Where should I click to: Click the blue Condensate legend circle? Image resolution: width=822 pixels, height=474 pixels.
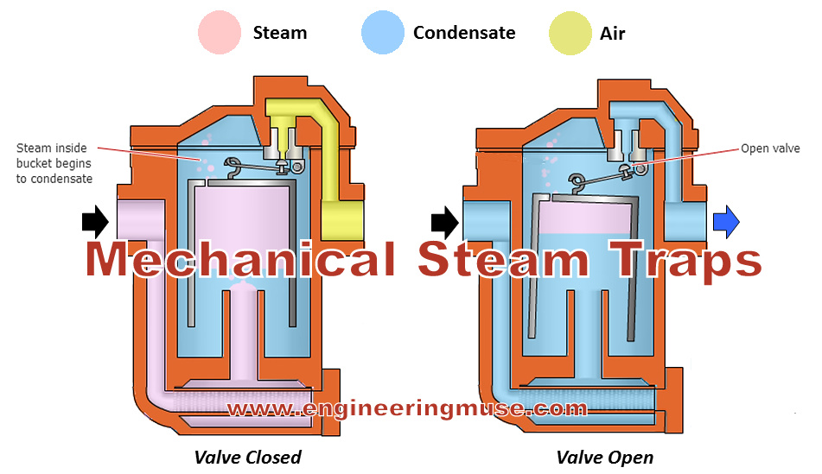383,34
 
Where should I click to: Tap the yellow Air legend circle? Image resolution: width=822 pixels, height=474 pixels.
570,34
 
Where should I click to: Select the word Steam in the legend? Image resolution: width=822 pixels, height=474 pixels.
279,34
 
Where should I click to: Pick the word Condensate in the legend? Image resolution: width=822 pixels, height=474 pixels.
464,34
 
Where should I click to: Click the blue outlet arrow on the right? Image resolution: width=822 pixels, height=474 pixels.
726,223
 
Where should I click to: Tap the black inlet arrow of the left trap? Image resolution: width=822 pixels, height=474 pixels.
95,223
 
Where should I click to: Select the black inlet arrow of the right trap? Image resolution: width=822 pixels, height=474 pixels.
445,223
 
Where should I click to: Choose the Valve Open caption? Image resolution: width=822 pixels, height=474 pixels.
605,457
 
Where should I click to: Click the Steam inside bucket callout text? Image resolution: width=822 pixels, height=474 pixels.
54,163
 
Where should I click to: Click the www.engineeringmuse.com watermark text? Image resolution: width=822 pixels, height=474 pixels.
408,408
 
